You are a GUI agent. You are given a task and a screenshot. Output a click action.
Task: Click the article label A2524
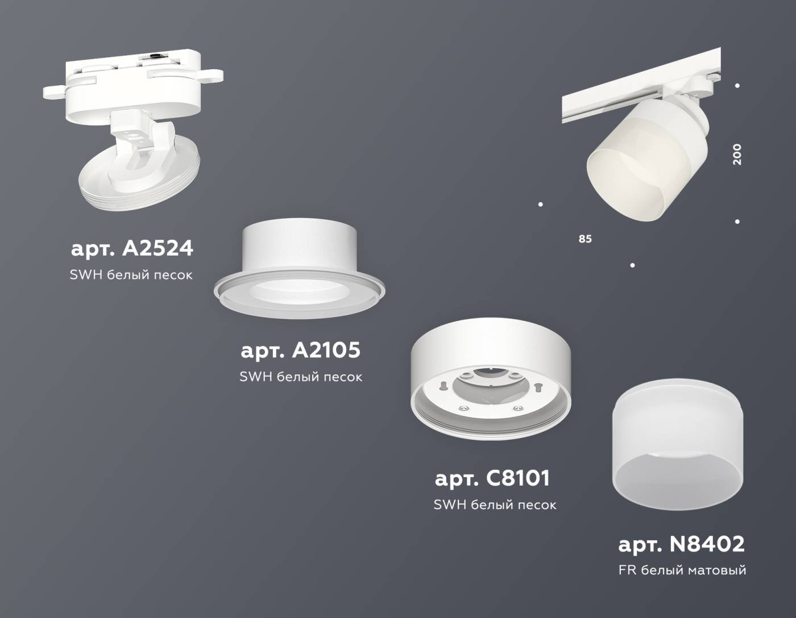click(x=132, y=248)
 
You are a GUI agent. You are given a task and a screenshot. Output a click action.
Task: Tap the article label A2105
click(x=300, y=350)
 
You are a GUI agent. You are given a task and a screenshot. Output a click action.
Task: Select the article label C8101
click(x=492, y=478)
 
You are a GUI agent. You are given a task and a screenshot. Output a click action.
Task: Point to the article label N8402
click(x=681, y=544)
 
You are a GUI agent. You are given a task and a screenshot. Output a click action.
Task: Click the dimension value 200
click(x=737, y=154)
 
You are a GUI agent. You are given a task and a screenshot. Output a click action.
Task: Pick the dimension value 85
click(x=585, y=239)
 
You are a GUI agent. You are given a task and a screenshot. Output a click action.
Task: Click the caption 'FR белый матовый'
click(x=682, y=570)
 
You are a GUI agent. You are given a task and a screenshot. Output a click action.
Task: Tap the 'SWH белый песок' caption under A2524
click(x=131, y=275)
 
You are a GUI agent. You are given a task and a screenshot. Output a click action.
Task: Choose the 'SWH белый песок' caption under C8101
click(x=495, y=504)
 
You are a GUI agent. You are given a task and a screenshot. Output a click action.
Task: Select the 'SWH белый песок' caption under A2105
click(x=301, y=377)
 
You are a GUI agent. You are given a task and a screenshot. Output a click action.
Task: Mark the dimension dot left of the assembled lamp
click(x=540, y=204)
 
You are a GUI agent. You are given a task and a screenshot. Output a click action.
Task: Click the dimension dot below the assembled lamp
click(x=632, y=265)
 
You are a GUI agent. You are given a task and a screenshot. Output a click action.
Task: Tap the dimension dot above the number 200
click(x=737, y=86)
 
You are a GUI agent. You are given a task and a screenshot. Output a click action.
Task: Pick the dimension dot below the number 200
click(x=737, y=222)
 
